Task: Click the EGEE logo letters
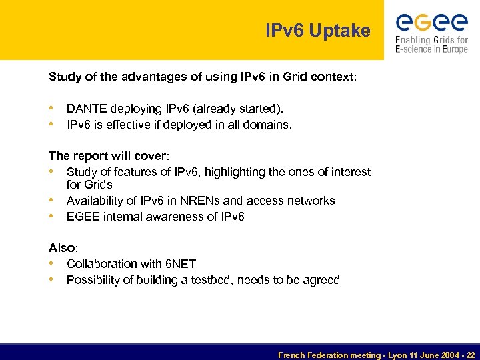[x=431, y=24]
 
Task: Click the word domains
[x=269, y=124]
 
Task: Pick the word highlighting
[x=234, y=172]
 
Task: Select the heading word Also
[x=61, y=248]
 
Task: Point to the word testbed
[x=225, y=280]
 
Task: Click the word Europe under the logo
[x=451, y=50]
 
